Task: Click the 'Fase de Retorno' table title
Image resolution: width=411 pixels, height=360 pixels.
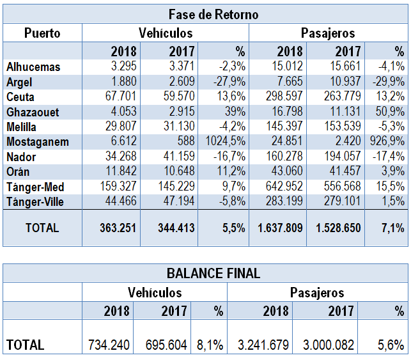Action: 213,15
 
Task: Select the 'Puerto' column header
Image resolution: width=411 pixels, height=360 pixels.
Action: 42,33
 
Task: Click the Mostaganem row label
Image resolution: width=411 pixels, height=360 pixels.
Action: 37,142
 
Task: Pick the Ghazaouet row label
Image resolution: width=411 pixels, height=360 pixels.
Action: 33,112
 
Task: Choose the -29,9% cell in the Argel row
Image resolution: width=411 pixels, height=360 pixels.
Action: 387,82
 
